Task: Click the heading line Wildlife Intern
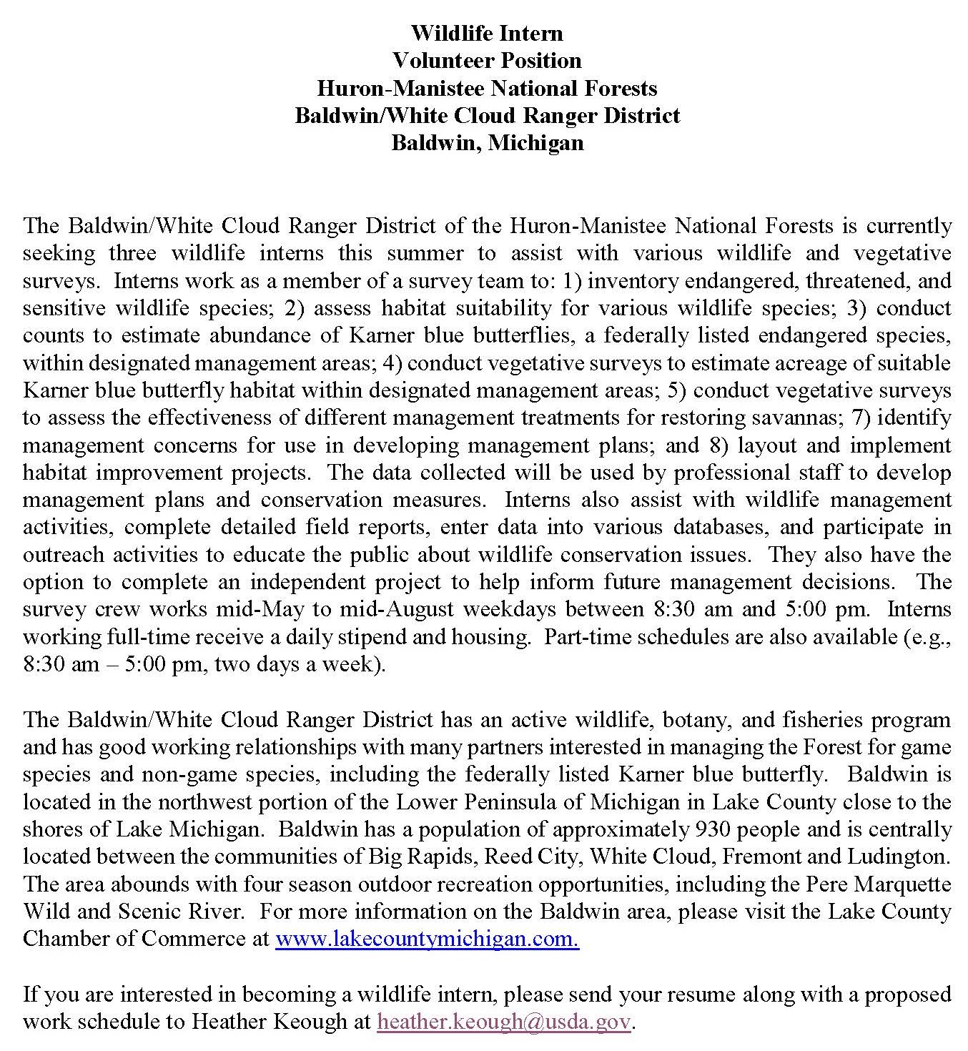click(487, 33)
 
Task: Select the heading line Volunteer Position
click(487, 60)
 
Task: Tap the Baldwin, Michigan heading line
click(487, 142)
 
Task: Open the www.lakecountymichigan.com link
click(427, 939)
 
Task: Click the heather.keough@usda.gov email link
click(504, 1022)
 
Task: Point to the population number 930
click(713, 829)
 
